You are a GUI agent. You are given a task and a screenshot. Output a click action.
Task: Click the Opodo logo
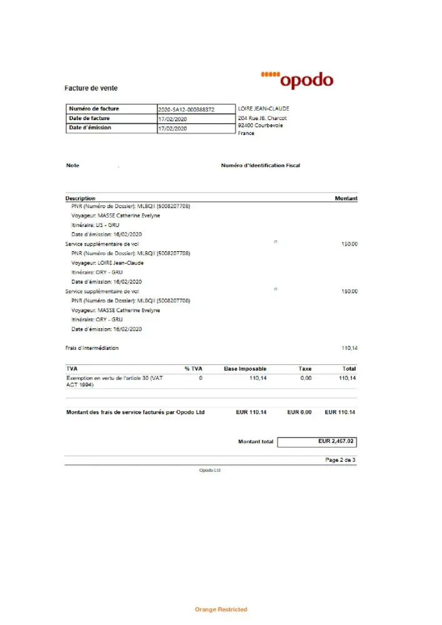pos(297,80)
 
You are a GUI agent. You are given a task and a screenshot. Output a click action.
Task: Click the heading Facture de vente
pos(91,88)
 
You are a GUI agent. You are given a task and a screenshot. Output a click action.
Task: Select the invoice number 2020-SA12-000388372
pos(186,109)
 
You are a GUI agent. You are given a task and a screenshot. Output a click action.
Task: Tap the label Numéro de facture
pos(94,109)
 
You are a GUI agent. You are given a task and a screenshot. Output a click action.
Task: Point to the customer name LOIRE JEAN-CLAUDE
pos(263,109)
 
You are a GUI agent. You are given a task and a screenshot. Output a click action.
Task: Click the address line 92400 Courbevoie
pos(260,126)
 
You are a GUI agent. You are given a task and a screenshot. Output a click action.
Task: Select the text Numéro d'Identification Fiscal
pos(261,166)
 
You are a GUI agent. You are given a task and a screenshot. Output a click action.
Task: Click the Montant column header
pos(346,198)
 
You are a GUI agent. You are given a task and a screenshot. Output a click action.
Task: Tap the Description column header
pos(81,198)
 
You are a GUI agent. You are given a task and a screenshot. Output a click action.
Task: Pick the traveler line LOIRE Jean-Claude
pos(108,262)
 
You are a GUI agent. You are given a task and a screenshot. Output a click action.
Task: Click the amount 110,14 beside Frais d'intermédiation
pos(349,348)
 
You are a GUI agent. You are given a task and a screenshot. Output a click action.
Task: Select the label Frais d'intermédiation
pos(92,348)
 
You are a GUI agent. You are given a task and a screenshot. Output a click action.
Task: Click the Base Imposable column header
pos(245,369)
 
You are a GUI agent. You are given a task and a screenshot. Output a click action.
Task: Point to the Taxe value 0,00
pos(305,378)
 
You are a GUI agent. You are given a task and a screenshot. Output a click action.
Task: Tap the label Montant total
pos(255,442)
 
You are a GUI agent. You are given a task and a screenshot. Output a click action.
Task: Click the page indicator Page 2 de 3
pos(340,460)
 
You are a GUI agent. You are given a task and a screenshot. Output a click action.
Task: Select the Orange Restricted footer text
pos(221,609)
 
